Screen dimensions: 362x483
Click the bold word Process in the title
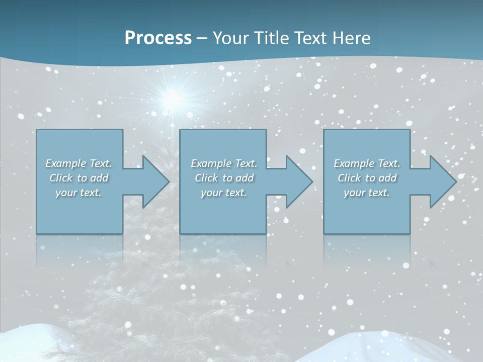click(158, 38)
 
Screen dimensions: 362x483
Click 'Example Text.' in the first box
click(79, 163)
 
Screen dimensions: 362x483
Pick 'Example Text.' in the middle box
click(224, 163)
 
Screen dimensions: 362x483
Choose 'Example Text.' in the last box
click(367, 163)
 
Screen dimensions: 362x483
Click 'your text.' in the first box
click(78, 193)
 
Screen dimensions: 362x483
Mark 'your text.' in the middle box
click(223, 193)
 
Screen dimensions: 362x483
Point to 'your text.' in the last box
click(366, 193)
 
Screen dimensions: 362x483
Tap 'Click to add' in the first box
click(79, 178)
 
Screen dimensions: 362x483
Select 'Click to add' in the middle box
click(224, 178)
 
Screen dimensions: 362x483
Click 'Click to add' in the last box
click(367, 178)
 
